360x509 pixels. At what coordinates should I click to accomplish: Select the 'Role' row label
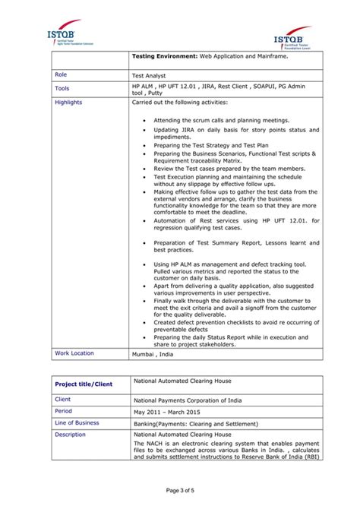tap(62, 75)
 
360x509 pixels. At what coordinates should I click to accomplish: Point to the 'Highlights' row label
tap(68, 102)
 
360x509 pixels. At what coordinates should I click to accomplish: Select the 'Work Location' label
tap(74, 353)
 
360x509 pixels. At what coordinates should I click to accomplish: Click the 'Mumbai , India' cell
tap(153, 354)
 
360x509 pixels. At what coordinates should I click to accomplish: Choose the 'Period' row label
tap(65, 411)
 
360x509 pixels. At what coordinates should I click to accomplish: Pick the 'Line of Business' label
tap(77, 422)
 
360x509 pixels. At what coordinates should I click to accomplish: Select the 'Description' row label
tap(70, 435)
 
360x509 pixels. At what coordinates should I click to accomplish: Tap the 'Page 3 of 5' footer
tap(180, 490)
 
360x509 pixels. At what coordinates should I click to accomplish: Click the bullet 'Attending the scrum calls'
tap(210, 120)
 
